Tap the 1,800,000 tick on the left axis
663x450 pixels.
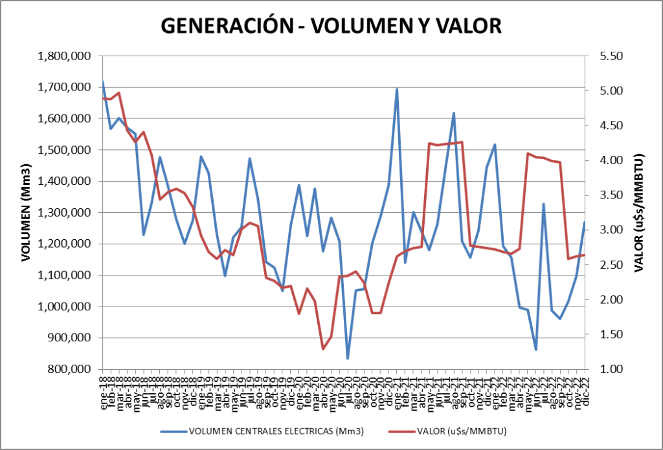coord(64,56)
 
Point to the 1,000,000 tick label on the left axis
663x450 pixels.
coord(64,306)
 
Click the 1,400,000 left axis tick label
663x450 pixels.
coord(64,182)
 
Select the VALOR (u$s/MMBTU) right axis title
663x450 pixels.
coord(638,213)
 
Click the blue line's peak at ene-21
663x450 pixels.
coord(397,89)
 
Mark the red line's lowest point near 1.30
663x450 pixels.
coord(323,349)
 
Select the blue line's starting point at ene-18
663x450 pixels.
coord(103,81)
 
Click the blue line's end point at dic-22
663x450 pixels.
coord(584,222)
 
